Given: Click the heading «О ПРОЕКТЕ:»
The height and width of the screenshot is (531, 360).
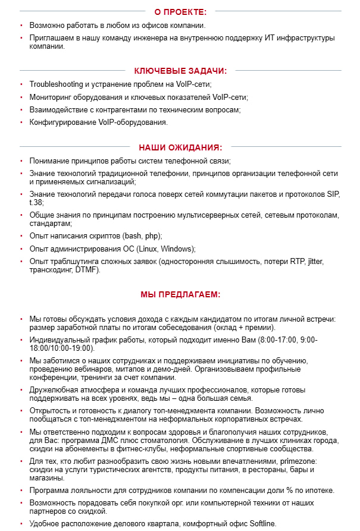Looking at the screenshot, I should tap(180, 11).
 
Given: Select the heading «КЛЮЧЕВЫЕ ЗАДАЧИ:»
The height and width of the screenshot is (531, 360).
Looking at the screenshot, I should tap(180, 70).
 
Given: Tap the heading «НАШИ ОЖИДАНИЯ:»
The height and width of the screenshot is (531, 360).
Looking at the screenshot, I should tap(180, 147).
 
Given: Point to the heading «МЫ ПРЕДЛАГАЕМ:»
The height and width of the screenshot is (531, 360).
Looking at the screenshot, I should tap(180, 294).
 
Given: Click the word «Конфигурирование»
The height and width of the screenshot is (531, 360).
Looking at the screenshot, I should tap(60, 122).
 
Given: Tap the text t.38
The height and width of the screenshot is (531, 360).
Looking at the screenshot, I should tap(36, 202).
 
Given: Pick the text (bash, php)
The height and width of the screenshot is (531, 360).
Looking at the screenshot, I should tap(142, 236).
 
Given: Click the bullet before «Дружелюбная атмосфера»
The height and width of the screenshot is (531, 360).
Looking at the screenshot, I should tap(21, 391).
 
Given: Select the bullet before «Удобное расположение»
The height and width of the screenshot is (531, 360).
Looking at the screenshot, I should tap(21, 524).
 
